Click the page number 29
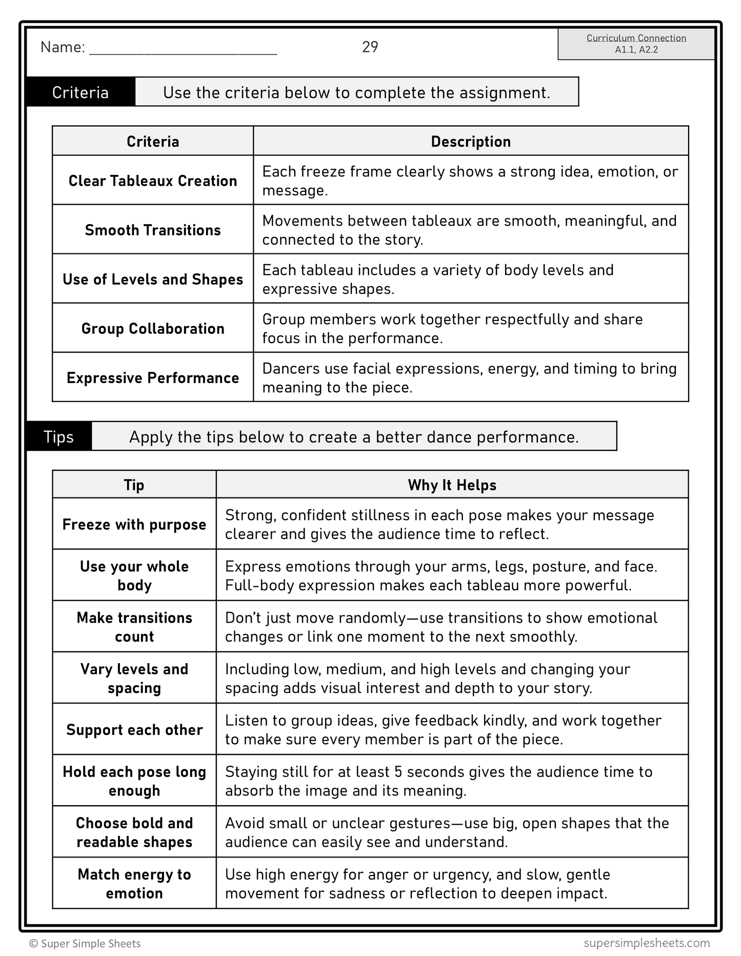pos(370,47)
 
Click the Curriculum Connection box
pos(636,44)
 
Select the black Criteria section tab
pos(81,92)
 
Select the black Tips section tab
pos(59,436)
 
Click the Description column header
pos(470,142)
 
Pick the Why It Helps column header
pos(452,485)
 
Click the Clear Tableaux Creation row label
pos(153,181)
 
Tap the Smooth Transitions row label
pos(153,230)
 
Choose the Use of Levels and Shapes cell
pos(153,279)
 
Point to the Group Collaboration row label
pos(153,328)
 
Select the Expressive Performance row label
pos(153,377)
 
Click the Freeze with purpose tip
pos(134,524)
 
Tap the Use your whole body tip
pos(134,575)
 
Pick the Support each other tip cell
pos(134,729)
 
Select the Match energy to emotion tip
pos(134,883)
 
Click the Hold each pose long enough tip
pos(134,781)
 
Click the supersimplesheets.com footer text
pos(646,943)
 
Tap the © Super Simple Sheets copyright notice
pos(85,944)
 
